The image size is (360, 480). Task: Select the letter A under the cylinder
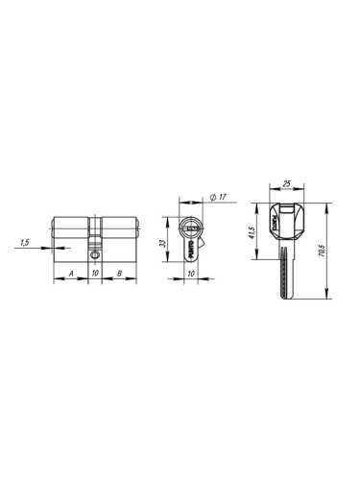tap(72, 274)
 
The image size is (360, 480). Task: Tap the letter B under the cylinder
tap(117, 274)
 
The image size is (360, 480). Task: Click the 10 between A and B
tap(95, 274)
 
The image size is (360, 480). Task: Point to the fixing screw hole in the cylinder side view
tap(95, 255)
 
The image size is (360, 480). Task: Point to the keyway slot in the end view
tap(192, 230)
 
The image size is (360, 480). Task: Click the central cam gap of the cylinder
tap(95, 230)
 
